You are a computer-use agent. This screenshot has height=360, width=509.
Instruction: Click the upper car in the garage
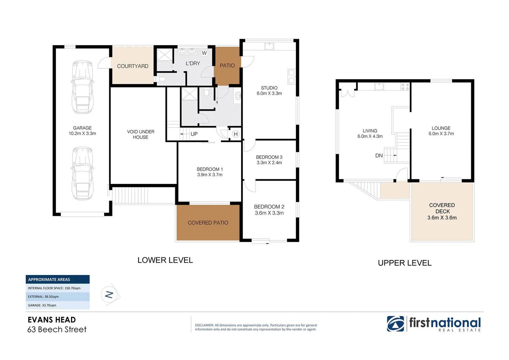click(x=82, y=87)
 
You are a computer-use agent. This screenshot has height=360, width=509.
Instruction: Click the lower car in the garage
click(x=82, y=174)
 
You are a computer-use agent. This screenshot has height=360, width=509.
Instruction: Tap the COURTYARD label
click(x=133, y=66)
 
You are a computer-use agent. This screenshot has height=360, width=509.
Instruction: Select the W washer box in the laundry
click(x=204, y=53)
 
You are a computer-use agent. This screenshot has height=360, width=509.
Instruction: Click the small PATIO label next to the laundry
click(x=227, y=66)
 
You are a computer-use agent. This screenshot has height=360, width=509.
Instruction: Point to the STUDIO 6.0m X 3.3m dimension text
click(x=269, y=93)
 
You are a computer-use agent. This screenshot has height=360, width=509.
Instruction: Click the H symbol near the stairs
click(x=236, y=134)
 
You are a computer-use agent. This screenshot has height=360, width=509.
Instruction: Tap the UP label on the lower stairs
click(x=194, y=134)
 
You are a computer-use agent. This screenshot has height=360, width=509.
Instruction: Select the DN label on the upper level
click(x=379, y=156)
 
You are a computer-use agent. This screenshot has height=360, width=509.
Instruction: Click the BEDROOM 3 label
click(x=269, y=157)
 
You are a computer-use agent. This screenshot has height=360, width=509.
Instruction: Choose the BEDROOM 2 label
click(x=269, y=207)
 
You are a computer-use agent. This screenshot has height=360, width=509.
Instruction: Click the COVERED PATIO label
click(x=208, y=223)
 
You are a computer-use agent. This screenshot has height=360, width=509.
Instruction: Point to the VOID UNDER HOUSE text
click(x=141, y=134)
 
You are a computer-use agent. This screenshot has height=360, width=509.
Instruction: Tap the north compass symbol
click(x=109, y=295)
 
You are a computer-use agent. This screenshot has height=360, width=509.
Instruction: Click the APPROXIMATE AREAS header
click(x=58, y=279)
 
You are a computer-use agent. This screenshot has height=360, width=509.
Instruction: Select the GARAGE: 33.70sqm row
click(x=58, y=305)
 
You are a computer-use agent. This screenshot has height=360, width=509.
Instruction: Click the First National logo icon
click(x=395, y=324)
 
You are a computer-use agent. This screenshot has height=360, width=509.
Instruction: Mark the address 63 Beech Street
click(x=57, y=329)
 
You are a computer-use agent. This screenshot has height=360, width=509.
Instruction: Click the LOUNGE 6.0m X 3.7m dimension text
click(x=441, y=134)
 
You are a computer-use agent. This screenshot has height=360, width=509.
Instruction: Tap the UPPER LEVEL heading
click(x=404, y=263)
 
